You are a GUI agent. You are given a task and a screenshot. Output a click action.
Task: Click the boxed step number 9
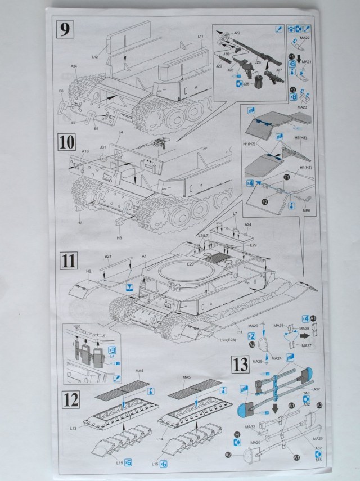[x=66, y=29]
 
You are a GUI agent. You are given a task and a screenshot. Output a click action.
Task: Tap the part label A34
[x=74, y=67]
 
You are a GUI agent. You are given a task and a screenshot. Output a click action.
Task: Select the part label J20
[x=237, y=33]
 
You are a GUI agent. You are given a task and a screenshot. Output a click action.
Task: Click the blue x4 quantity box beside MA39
[x=306, y=318]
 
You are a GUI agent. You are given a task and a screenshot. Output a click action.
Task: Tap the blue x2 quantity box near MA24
[x=252, y=335]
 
